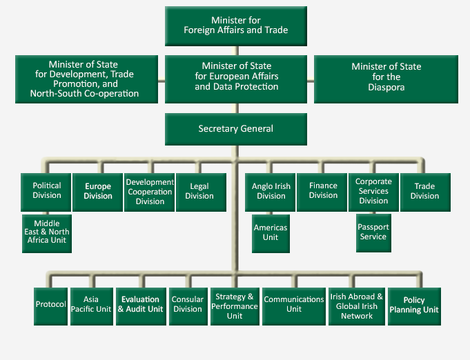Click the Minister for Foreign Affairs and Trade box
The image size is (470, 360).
coord(235,26)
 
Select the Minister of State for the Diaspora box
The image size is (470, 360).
coord(386,77)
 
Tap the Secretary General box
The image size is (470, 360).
coord(235,129)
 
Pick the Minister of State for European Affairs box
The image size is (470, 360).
coord(236,77)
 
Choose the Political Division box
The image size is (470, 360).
coord(46,191)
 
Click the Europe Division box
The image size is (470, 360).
coord(97,191)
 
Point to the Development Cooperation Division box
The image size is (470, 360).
coord(149,191)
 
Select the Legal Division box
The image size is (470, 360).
coord(199,191)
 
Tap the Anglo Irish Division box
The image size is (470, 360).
coord(271,191)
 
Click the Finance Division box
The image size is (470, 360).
coord(322,191)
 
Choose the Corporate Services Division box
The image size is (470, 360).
coord(373,191)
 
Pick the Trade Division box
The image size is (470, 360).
coord(424,191)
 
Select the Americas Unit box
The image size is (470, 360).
coord(271,233)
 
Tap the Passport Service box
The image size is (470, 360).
coord(373,233)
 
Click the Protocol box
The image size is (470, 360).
coord(50,305)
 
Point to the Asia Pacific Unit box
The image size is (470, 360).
coord(91,305)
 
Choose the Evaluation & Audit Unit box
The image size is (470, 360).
coord(140,305)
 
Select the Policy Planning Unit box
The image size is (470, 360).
coord(413,305)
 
